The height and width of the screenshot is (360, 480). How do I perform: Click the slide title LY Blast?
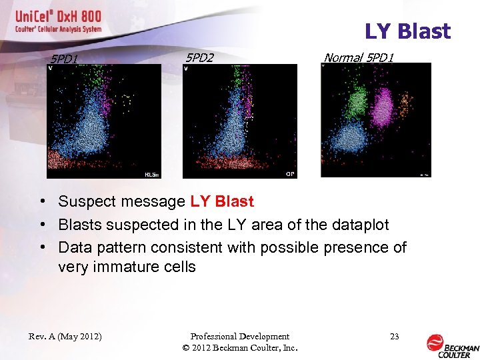click(407, 31)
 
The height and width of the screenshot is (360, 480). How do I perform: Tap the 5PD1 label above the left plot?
click(65, 59)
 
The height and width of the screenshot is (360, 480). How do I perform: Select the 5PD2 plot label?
click(199, 58)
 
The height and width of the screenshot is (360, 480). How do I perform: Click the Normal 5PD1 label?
click(359, 58)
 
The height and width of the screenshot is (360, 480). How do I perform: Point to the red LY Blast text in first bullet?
click(222, 201)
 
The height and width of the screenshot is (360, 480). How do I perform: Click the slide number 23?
click(394, 337)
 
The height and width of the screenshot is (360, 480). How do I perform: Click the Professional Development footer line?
click(239, 337)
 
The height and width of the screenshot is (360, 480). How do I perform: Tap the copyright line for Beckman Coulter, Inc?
click(239, 347)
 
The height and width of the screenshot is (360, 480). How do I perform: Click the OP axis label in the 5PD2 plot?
click(290, 174)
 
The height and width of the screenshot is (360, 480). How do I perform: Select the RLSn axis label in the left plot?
click(151, 175)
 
